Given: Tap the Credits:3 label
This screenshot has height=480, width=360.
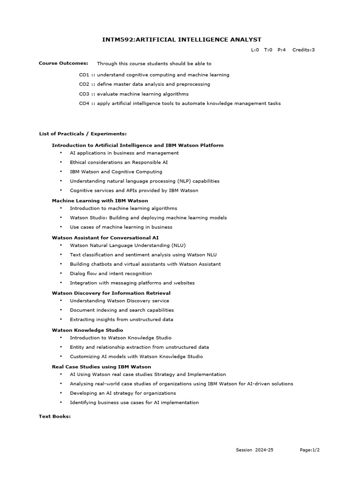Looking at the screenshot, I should (303, 50).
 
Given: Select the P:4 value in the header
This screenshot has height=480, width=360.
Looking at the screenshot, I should (281, 50).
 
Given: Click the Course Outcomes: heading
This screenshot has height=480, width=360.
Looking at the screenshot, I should (63, 63).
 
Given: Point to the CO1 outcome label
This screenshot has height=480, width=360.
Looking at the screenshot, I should (84, 75).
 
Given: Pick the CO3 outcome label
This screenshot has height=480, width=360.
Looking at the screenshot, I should (84, 94).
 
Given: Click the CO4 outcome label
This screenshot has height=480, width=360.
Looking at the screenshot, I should (84, 103).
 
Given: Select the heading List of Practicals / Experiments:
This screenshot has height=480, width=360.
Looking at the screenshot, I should (82, 134).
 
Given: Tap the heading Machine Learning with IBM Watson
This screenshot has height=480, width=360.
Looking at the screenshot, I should (100, 201).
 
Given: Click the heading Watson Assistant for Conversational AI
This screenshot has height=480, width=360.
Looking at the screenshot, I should (105, 238).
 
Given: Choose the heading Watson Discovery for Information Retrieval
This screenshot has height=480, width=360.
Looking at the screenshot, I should (111, 293).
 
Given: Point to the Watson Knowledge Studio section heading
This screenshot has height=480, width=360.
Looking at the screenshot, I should (88, 330).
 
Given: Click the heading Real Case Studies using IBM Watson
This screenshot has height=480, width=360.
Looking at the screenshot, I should (101, 367).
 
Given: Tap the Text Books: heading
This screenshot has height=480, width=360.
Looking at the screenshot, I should (54, 416).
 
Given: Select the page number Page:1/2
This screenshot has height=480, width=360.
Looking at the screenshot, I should (310, 450).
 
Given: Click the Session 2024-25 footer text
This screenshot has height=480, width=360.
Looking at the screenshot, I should (255, 450).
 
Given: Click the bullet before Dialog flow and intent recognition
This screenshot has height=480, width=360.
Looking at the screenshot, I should (61, 273).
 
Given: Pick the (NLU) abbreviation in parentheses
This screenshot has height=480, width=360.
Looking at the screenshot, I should (179, 245).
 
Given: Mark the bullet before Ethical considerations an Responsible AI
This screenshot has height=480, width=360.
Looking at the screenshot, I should (61, 162).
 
